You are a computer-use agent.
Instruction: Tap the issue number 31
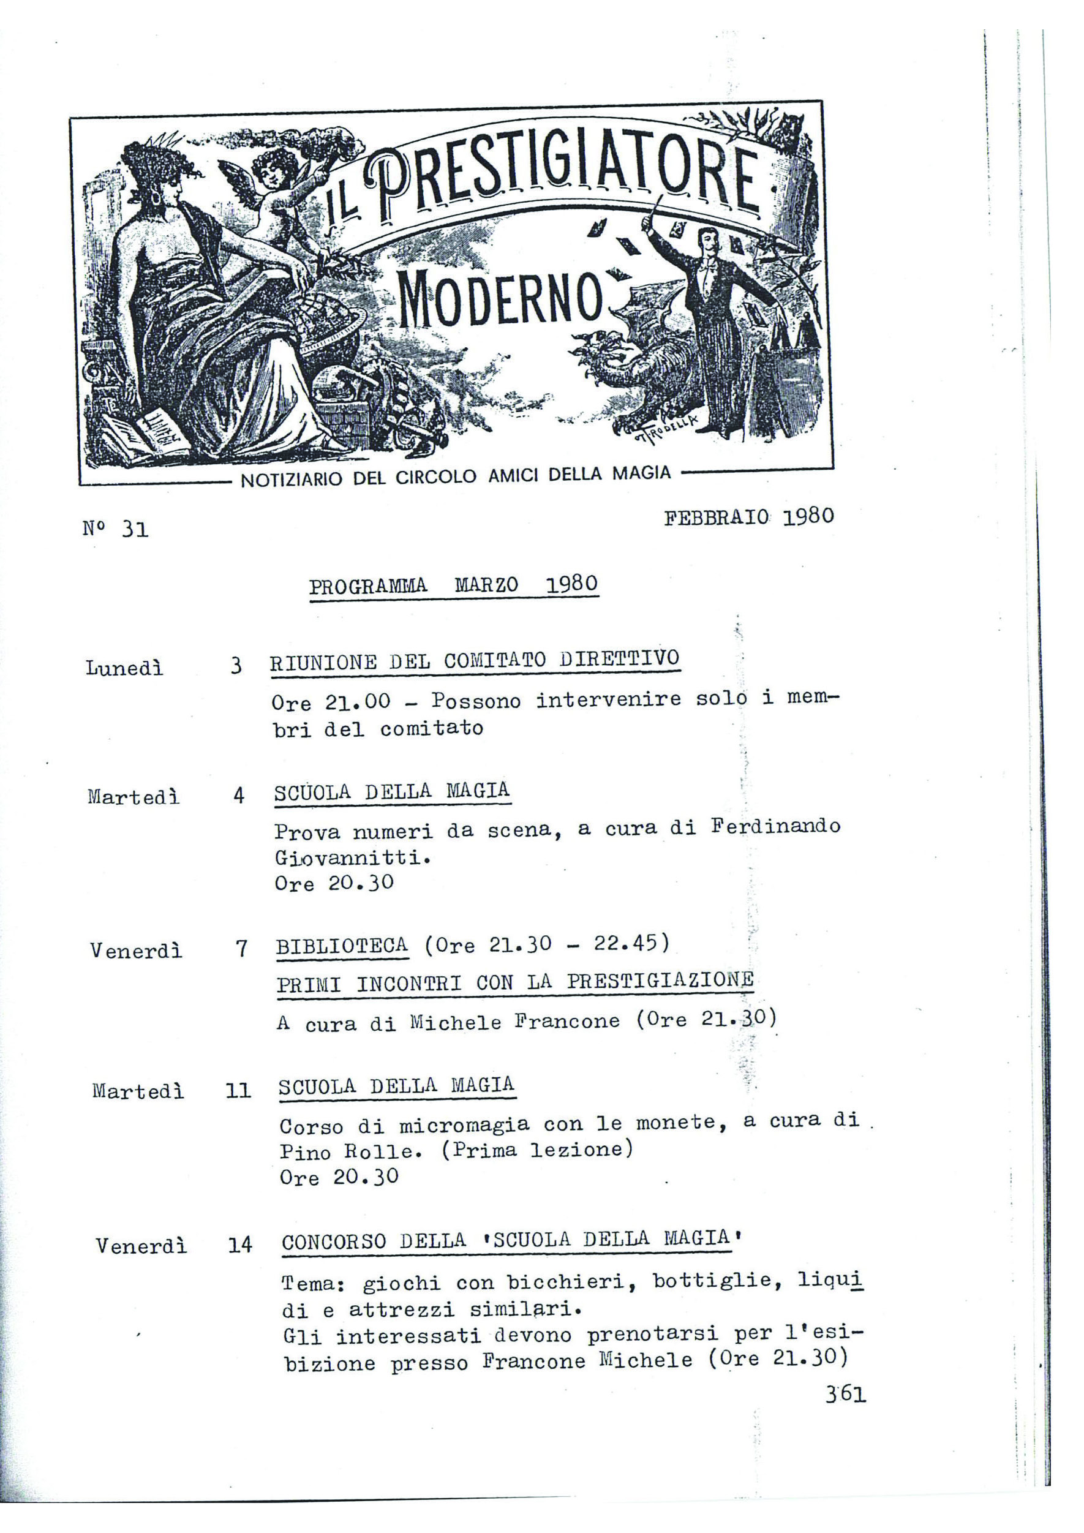[135, 529]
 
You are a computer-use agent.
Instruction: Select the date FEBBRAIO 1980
[749, 518]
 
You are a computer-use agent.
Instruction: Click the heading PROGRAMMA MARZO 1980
[453, 586]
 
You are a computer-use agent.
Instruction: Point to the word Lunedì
[124, 668]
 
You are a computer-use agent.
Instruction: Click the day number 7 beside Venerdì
[242, 949]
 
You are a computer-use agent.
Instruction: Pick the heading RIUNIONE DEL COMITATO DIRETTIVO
[475, 660]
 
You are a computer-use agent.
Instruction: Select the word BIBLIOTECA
[342, 946]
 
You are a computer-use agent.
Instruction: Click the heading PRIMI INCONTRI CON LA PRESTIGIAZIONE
[514, 983]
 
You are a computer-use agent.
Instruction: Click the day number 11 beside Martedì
[238, 1091]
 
